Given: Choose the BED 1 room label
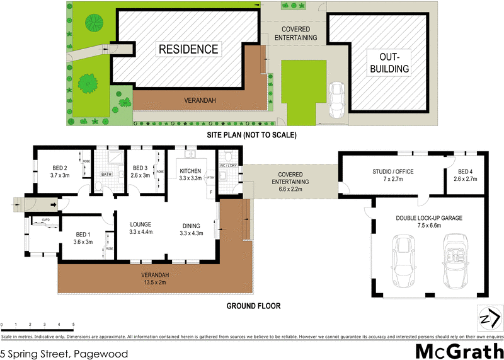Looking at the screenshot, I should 83,238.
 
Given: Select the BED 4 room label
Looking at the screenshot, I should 465,175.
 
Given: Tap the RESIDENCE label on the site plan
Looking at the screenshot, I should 188,49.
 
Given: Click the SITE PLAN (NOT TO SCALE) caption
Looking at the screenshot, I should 251,135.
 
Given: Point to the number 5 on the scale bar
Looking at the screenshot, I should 74,324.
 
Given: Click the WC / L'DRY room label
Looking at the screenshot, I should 227,166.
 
